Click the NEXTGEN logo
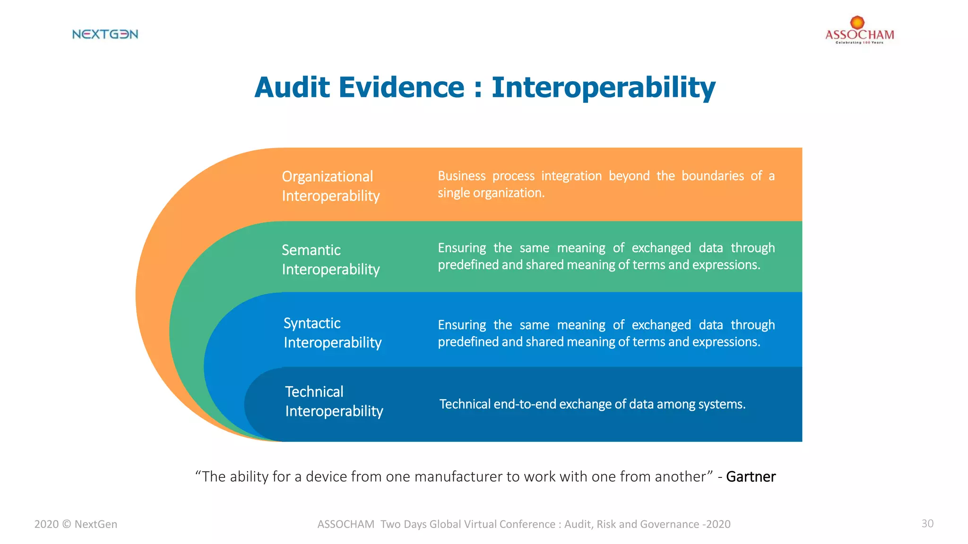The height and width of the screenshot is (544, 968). (x=105, y=34)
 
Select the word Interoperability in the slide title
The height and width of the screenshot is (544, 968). (x=603, y=88)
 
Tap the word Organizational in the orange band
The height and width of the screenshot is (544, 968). (x=327, y=177)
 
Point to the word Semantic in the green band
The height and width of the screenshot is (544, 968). (x=311, y=250)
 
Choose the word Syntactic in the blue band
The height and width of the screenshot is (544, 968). (x=312, y=323)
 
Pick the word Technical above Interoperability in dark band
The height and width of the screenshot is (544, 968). (x=314, y=391)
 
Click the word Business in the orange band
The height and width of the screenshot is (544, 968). (x=461, y=176)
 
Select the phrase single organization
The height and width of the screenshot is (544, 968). (x=491, y=193)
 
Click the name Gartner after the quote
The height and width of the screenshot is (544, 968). (x=751, y=476)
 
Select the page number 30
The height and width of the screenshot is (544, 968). (x=927, y=523)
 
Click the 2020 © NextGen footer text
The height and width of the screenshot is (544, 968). (x=76, y=524)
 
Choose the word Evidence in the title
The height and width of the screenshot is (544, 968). (x=401, y=88)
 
